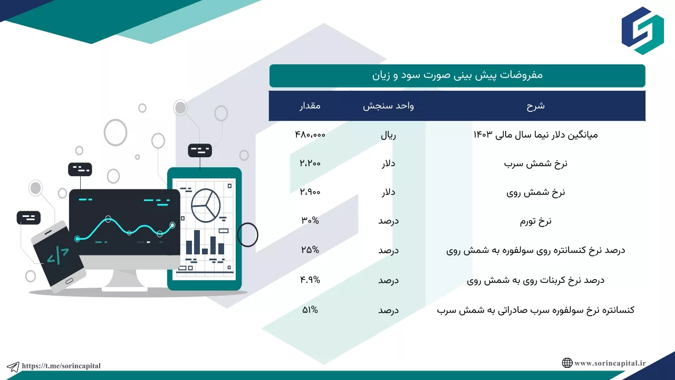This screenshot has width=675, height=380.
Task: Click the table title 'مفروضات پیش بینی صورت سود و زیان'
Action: click(457, 75)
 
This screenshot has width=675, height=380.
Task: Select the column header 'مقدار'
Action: click(310, 106)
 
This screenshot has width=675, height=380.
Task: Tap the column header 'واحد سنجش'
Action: click(388, 106)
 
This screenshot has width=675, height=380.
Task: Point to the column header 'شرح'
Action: click(535, 106)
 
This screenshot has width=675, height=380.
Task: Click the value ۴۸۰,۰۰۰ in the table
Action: click(310, 135)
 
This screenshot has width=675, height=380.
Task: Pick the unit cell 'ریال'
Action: click(388, 135)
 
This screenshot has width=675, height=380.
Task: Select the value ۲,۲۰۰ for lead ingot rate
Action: click(310, 163)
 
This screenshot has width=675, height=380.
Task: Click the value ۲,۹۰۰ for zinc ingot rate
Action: click(310, 192)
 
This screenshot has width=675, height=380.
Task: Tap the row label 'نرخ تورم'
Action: click(535, 221)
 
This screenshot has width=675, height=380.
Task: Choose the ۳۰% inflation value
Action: click(310, 221)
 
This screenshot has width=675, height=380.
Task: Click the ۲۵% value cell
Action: click(310, 250)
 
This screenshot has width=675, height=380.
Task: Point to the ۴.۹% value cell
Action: click(310, 280)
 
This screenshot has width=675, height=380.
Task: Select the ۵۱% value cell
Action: click(310, 310)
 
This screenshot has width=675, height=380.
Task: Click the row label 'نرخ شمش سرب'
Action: click(535, 164)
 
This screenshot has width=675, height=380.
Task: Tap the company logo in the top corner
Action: click(642, 31)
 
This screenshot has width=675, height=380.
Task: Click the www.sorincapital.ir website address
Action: click(610, 363)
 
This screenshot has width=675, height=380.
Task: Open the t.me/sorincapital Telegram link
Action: click(61, 366)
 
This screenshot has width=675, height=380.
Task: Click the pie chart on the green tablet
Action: click(206, 206)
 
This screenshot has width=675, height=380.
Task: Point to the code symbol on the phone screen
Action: click(58, 256)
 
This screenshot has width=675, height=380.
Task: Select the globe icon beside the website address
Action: click(567, 363)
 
